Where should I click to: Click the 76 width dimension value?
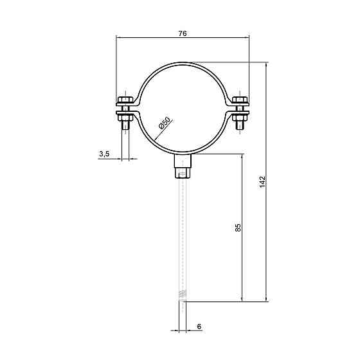pos(183,33)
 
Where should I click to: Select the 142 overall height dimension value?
pos(262,182)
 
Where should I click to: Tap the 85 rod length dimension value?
pos(239,228)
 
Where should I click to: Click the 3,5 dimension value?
pos(104,154)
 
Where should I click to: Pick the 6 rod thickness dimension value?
pos(199,327)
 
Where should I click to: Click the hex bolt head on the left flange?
pos(125,100)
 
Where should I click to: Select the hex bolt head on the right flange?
pos(240,100)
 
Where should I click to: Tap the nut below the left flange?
pos(125,118)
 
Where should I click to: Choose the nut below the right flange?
pos(240,118)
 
